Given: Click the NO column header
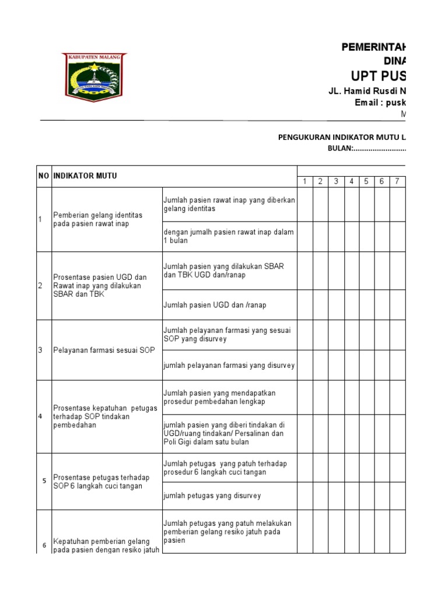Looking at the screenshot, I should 44,175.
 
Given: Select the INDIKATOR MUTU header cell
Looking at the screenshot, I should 85,175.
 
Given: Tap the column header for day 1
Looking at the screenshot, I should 304,181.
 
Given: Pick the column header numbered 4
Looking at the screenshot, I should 351,181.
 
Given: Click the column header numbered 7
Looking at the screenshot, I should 397,181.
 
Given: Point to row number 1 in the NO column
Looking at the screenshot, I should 40,219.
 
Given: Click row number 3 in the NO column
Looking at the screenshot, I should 40,350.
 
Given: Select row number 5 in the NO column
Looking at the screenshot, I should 44,481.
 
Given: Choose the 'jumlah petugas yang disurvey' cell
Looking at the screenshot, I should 212,496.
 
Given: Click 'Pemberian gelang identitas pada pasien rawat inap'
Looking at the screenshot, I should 97,219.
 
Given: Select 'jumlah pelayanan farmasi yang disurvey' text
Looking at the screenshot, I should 229,365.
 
